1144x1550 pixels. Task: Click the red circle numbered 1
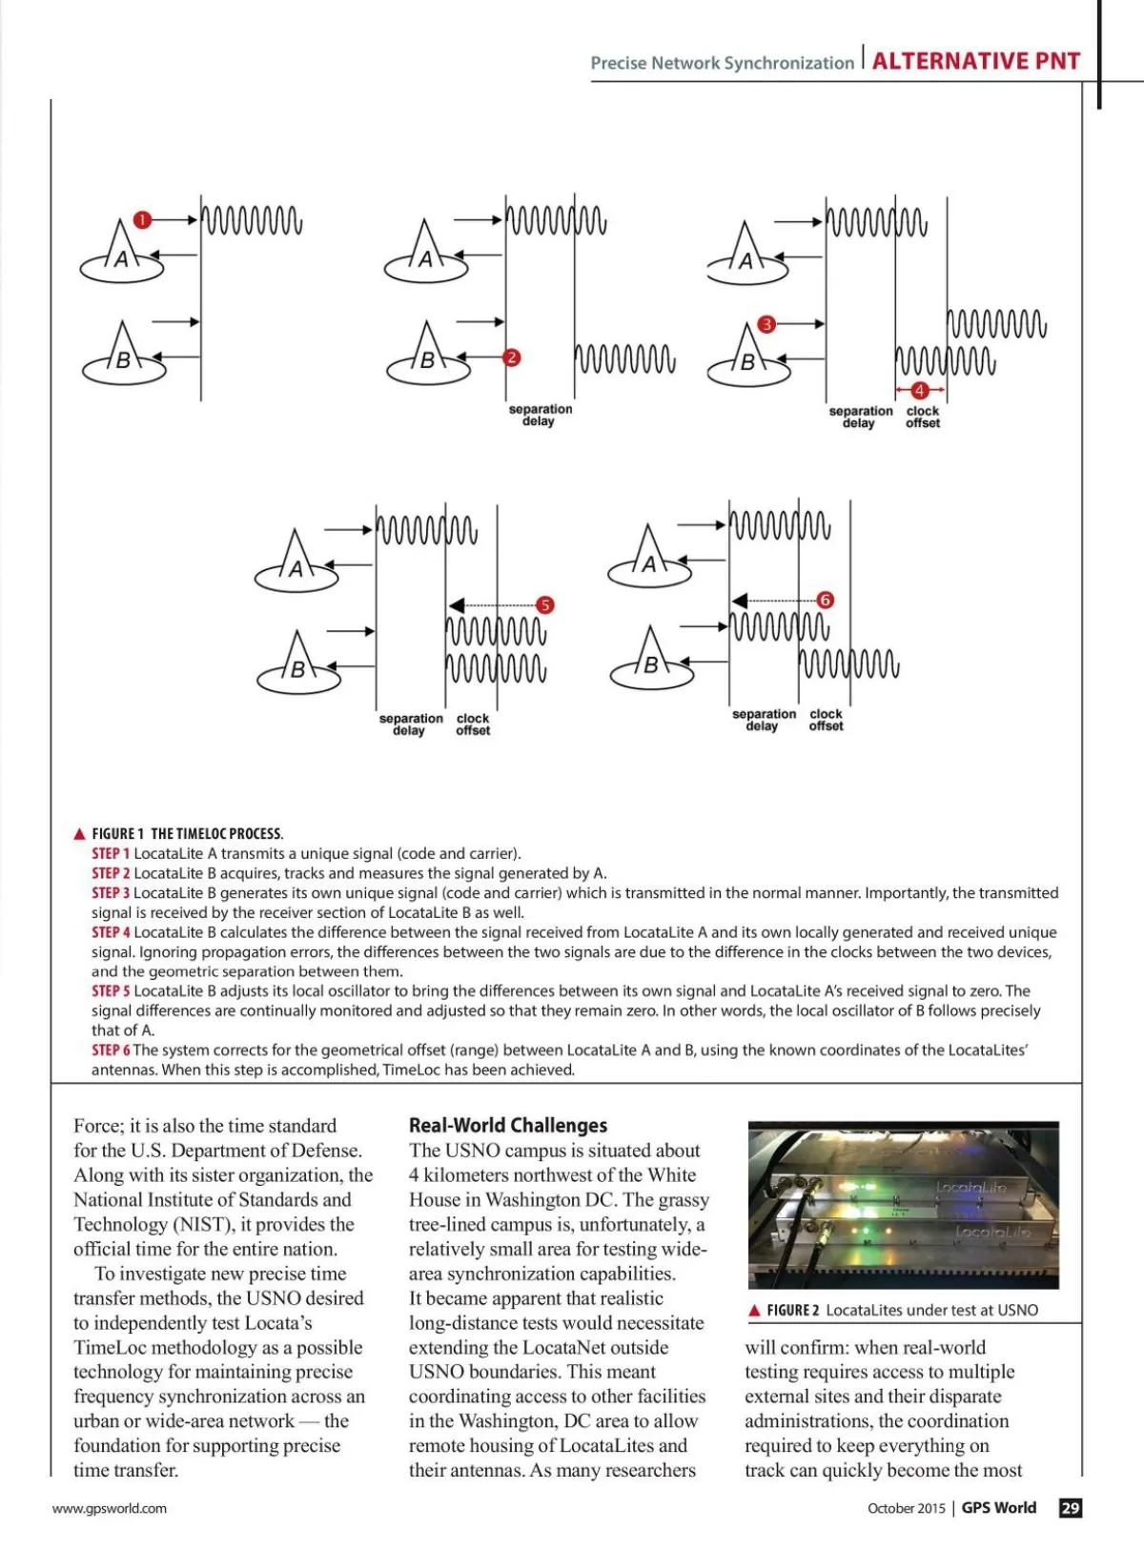pyautogui.click(x=142, y=220)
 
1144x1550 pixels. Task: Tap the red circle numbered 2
pyautogui.click(x=512, y=357)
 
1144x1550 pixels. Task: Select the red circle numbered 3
pyautogui.click(x=766, y=324)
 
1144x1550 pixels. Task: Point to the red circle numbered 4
pyautogui.click(x=920, y=390)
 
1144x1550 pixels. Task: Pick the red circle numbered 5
pyautogui.click(x=544, y=605)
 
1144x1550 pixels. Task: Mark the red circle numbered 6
pyautogui.click(x=826, y=600)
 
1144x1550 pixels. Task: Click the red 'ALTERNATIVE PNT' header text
pyautogui.click(x=976, y=62)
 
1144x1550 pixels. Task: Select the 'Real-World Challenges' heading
pyautogui.click(x=508, y=1126)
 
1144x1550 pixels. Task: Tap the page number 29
pyautogui.click(x=1071, y=1508)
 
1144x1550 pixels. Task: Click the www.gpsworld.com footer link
pyautogui.click(x=110, y=1508)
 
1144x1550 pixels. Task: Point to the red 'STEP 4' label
pyautogui.click(x=111, y=932)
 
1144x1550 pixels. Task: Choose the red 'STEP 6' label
pyautogui.click(x=111, y=1050)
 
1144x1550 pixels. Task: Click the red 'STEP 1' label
pyautogui.click(x=111, y=853)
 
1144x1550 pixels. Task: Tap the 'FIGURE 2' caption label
pyautogui.click(x=792, y=1311)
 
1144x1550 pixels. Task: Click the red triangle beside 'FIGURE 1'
pyautogui.click(x=80, y=834)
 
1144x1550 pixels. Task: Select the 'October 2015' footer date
pyautogui.click(x=906, y=1508)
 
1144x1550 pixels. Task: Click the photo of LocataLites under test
pyautogui.click(x=903, y=1206)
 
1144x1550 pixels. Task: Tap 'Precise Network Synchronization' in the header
pyautogui.click(x=722, y=63)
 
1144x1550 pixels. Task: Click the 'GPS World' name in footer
pyautogui.click(x=998, y=1508)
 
